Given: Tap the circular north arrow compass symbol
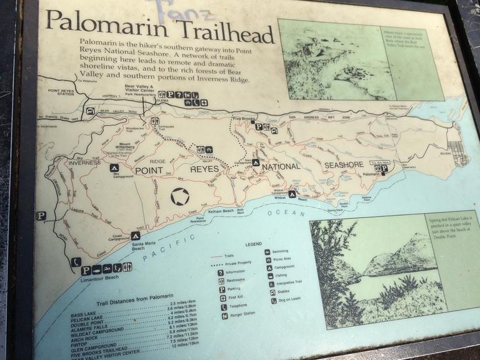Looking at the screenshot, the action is (180, 197).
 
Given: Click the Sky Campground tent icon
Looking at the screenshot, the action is (114, 167).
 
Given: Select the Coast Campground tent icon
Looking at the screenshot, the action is (135, 236).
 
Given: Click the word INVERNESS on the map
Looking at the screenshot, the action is (84, 163).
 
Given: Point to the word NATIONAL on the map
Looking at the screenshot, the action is (281, 167).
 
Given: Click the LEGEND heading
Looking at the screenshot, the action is (253, 243).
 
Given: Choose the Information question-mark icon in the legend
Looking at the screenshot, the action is (221, 272).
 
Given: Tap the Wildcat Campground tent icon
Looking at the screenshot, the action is (292, 194).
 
